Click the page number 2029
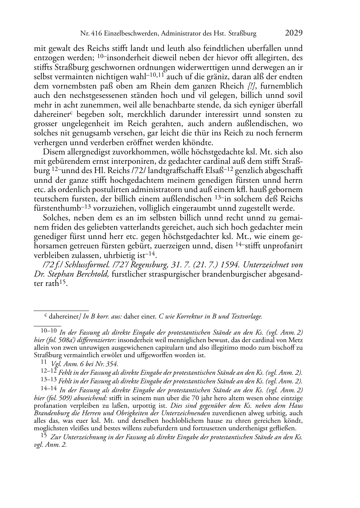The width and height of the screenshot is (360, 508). [294, 33]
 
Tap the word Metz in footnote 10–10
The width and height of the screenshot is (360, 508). [295, 340]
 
